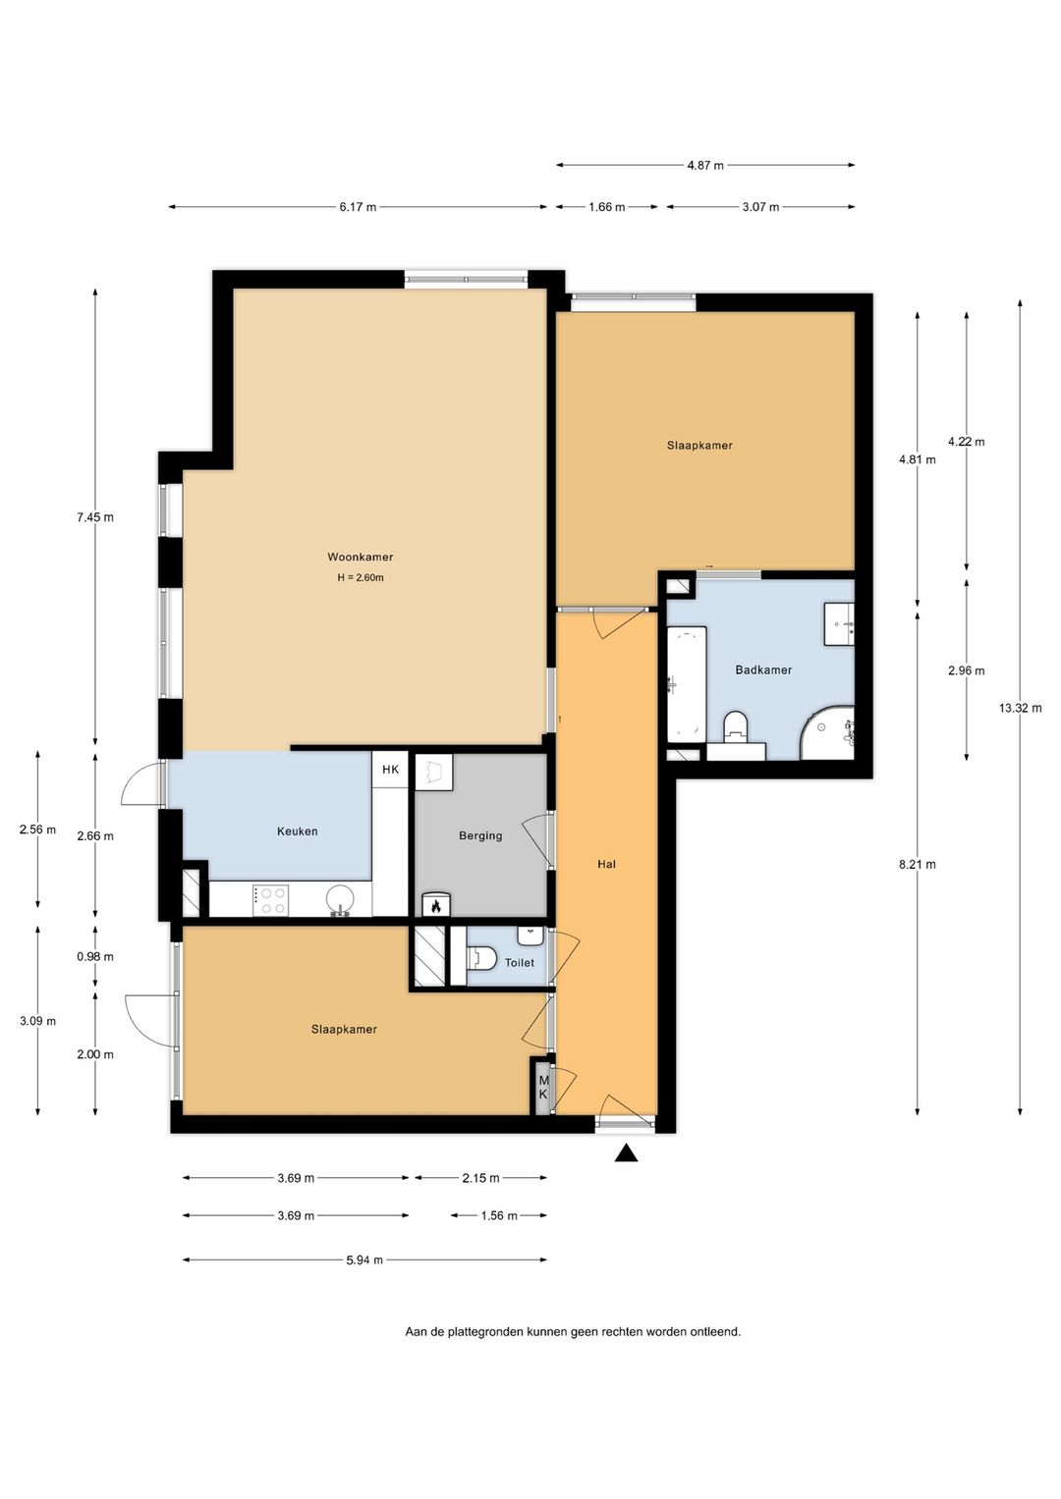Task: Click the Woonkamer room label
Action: click(360, 557)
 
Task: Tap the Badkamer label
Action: click(763, 669)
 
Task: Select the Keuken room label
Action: click(298, 831)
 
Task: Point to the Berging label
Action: click(480, 835)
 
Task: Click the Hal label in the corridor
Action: click(606, 864)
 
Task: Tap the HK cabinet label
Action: click(391, 770)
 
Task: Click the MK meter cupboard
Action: click(543, 1088)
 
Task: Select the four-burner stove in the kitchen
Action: click(270, 900)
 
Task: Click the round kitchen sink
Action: click(342, 900)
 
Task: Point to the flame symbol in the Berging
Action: click(435, 905)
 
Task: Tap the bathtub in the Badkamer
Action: click(687, 684)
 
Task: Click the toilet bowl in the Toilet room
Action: click(482, 958)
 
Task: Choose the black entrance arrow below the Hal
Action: click(627, 1152)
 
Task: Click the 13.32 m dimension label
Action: click(1020, 708)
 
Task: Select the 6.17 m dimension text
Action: click(358, 207)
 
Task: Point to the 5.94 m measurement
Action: click(364, 1260)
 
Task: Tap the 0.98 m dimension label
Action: click(95, 956)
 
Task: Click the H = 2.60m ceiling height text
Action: click(361, 577)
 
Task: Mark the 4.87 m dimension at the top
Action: click(705, 165)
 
